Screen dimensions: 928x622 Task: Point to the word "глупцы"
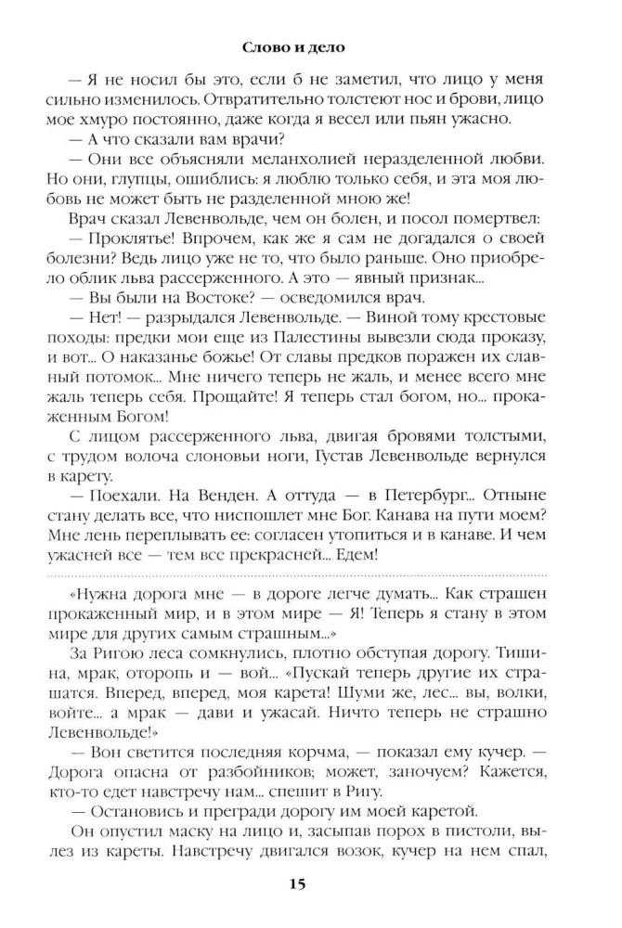click(162, 182)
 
